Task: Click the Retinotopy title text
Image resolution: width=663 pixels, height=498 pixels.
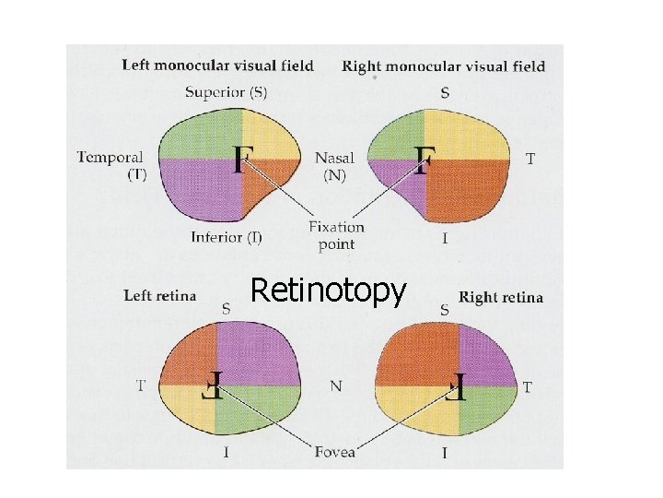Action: click(x=328, y=291)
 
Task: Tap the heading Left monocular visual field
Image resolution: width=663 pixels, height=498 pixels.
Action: click(x=217, y=65)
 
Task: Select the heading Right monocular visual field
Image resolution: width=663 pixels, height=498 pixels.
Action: click(x=443, y=66)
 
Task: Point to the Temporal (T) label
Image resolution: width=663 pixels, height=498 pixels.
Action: click(x=110, y=166)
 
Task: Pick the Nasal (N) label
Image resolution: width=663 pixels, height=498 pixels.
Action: click(x=334, y=166)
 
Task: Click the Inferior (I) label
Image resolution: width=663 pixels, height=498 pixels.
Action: click(x=227, y=237)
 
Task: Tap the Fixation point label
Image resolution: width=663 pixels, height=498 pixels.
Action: click(x=336, y=235)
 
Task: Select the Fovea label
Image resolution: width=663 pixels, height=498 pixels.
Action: click(x=334, y=451)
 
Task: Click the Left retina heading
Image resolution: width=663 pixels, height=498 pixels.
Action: click(x=160, y=296)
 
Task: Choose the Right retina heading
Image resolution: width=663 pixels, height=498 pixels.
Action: click(x=501, y=297)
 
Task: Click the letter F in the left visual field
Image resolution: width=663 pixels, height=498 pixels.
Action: click(x=242, y=159)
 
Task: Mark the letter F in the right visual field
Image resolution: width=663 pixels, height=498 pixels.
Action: click(x=424, y=159)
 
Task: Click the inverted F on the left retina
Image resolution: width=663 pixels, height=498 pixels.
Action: click(x=215, y=385)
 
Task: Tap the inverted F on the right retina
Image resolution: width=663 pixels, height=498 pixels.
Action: click(x=458, y=385)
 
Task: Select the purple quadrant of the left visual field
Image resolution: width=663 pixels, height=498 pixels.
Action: click(x=202, y=189)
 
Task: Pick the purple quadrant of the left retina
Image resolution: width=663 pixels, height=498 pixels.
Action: click(x=258, y=355)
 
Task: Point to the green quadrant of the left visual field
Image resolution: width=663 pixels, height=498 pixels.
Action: click(x=201, y=136)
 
